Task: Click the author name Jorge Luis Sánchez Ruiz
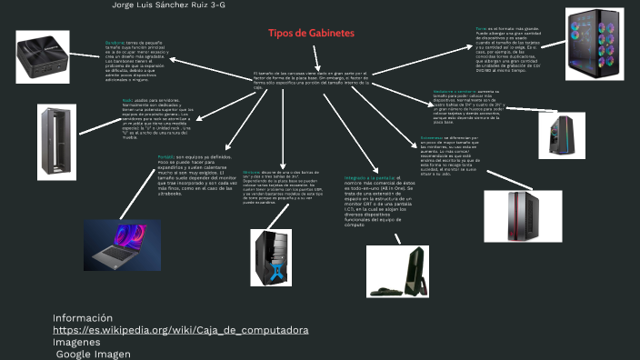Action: tap(168, 5)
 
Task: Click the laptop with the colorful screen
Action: tap(122, 245)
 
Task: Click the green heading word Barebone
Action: tap(115, 43)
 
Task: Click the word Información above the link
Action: tap(83, 317)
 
